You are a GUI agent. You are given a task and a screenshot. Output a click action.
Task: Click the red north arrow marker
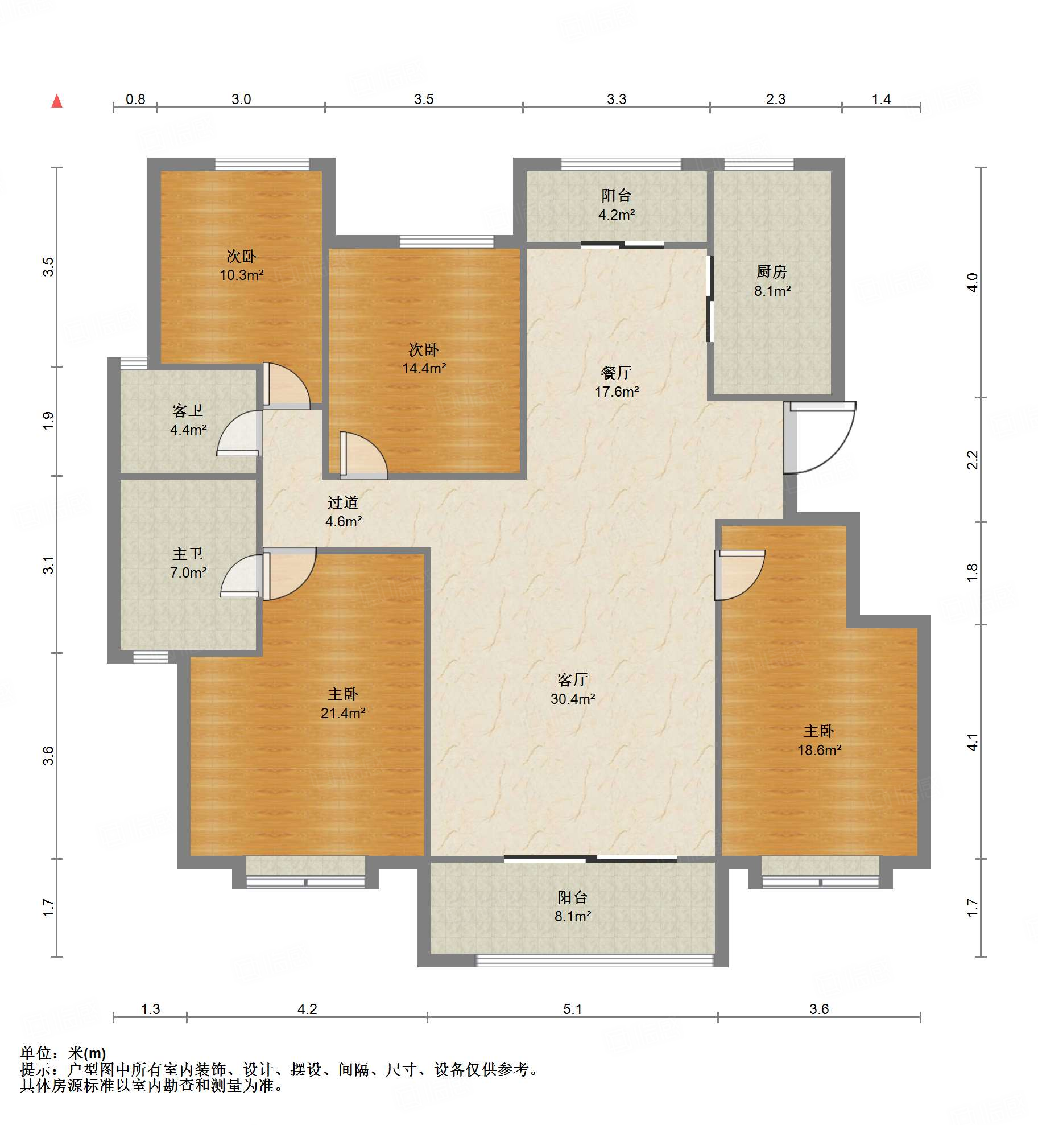coord(57,101)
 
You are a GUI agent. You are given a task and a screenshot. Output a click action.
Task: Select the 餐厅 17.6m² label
coord(617,382)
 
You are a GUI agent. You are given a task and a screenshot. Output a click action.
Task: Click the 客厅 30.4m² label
coord(573,689)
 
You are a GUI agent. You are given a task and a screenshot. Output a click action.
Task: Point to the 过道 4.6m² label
coord(343,512)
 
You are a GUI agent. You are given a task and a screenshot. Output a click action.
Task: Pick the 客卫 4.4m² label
coord(188,420)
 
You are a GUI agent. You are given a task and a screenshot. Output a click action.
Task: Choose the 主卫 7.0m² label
coord(188,563)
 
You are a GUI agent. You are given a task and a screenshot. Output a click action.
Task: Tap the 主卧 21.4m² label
coord(343,703)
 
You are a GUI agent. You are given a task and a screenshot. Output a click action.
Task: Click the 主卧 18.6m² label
coord(819,740)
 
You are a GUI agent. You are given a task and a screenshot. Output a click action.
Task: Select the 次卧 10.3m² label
coord(241,265)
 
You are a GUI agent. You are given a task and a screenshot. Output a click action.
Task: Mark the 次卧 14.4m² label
coord(424,358)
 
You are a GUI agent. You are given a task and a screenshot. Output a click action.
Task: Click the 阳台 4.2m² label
coord(617,205)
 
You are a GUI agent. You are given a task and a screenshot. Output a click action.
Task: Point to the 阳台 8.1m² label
coord(573,906)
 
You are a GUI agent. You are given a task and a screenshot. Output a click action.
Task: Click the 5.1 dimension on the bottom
coord(573,1009)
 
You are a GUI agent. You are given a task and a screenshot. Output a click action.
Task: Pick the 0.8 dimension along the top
coord(135,99)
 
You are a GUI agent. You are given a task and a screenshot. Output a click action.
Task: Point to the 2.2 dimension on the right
coord(973,459)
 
